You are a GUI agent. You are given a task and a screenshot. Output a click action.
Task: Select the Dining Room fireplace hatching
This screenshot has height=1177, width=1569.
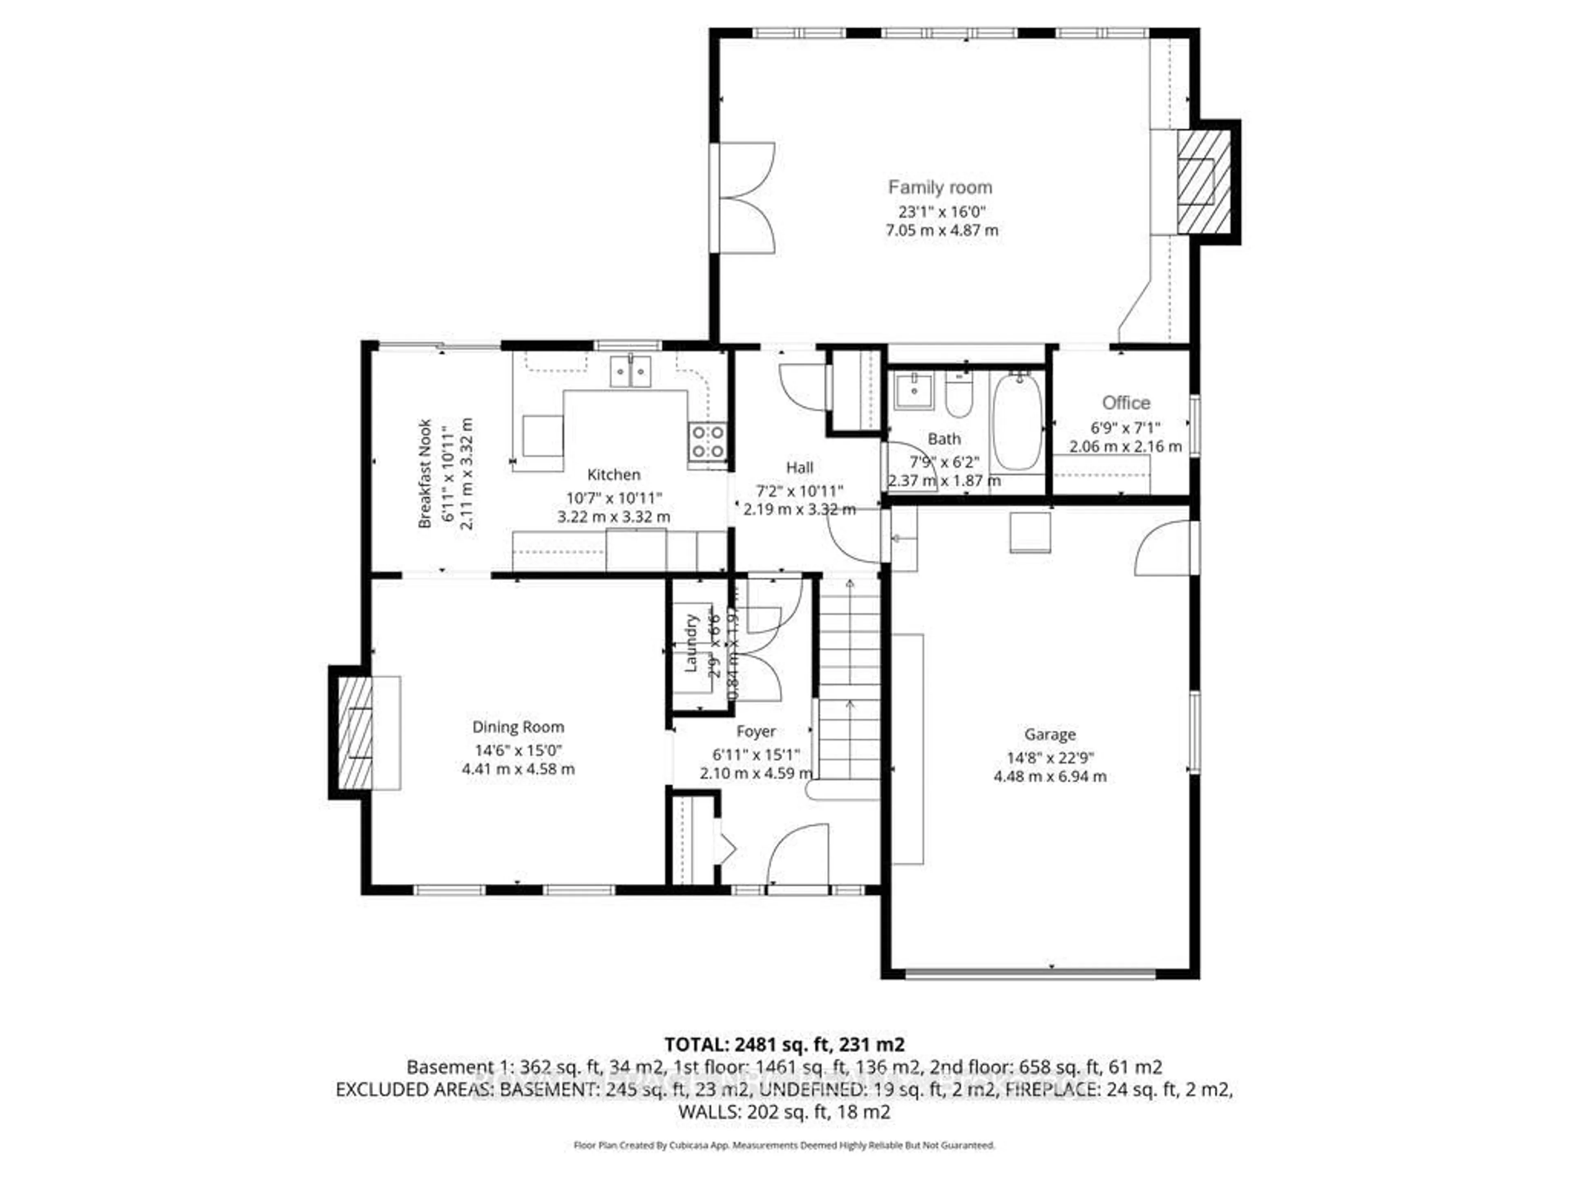click(x=355, y=733)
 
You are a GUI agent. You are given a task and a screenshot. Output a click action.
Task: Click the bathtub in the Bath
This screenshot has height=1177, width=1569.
click(x=1017, y=423)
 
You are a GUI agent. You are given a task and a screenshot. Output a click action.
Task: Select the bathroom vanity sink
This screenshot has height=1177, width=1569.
click(x=914, y=390)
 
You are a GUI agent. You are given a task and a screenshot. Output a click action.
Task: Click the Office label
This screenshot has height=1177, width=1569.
click(x=1126, y=403)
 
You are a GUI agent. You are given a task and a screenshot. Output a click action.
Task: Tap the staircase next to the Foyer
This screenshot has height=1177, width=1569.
click(x=849, y=681)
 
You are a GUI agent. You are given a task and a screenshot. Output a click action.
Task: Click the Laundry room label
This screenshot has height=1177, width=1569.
click(x=692, y=644)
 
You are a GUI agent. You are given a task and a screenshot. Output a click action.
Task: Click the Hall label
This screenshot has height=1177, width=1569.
click(x=799, y=468)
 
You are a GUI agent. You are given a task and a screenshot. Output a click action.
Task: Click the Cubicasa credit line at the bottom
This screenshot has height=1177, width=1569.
click(x=784, y=1145)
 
